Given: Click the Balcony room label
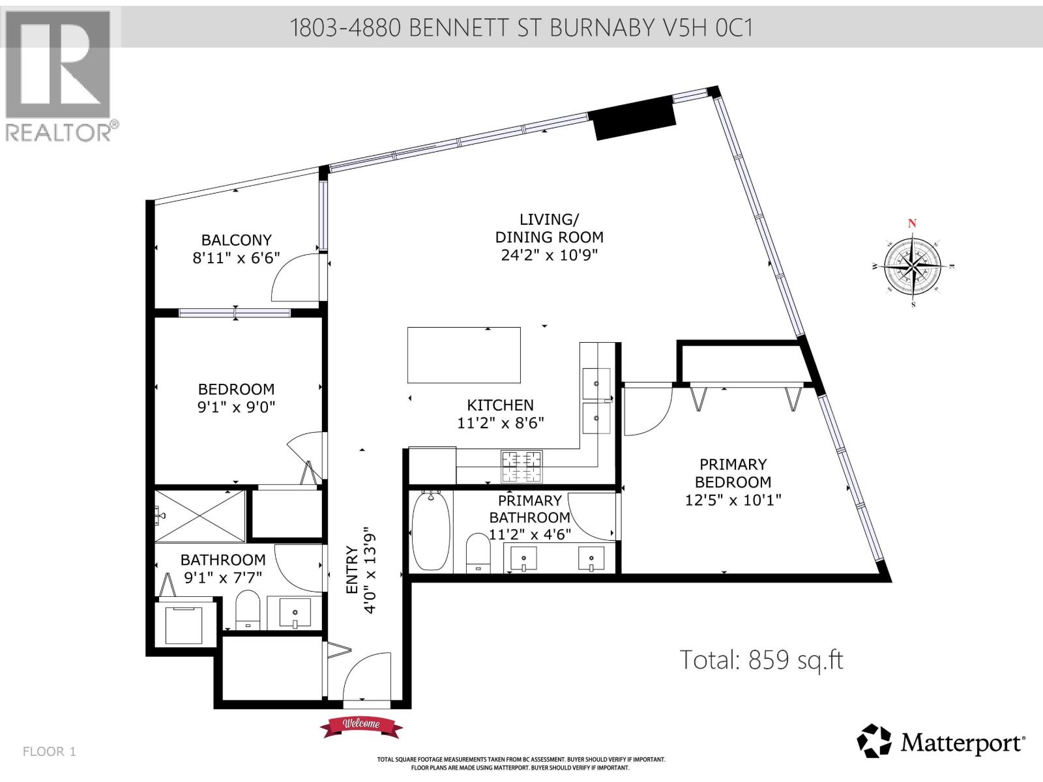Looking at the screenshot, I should pyautogui.click(x=236, y=240).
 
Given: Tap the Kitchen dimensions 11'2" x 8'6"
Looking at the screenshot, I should pyautogui.click(x=501, y=423).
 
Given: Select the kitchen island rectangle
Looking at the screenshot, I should pyautogui.click(x=463, y=355).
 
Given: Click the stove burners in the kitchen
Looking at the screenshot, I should pyautogui.click(x=521, y=467).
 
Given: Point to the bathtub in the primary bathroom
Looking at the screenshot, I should pyautogui.click(x=431, y=532).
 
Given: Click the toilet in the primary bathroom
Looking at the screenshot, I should pyautogui.click(x=479, y=553).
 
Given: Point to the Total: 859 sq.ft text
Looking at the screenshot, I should pyautogui.click(x=761, y=659).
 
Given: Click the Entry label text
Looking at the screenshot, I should pyautogui.click(x=353, y=570).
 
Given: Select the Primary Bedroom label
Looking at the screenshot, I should pyautogui.click(x=733, y=473).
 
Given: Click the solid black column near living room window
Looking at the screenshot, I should pyautogui.click(x=634, y=117).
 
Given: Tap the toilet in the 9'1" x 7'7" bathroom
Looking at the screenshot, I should pyautogui.click(x=247, y=609).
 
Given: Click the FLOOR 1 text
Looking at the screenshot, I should pyautogui.click(x=50, y=751).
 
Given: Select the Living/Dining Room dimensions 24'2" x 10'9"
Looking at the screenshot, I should pyautogui.click(x=549, y=255).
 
